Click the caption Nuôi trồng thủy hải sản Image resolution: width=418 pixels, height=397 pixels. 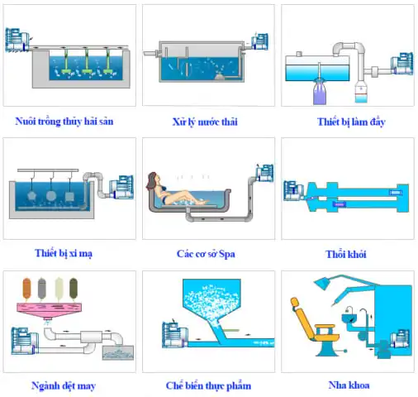click(64, 122)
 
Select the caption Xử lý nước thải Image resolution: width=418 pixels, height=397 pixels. click(205, 122)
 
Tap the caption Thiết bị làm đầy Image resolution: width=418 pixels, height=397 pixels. click(351, 122)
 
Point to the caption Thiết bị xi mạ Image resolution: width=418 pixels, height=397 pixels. click(64, 253)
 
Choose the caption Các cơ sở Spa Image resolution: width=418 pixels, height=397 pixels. click(206, 254)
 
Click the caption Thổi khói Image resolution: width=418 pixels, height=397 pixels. click(346, 254)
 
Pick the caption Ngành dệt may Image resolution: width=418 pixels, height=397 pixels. click(64, 385)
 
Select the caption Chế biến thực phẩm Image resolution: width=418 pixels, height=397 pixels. click(208, 385)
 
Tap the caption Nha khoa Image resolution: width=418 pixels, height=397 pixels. click(349, 385)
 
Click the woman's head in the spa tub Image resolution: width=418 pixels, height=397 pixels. click(152, 180)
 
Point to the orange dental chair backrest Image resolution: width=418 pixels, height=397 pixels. click(302, 317)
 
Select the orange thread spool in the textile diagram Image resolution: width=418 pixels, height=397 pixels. click(26, 289)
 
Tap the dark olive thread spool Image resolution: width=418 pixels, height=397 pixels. click(74, 289)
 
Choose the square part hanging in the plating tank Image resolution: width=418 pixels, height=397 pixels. click(69, 197)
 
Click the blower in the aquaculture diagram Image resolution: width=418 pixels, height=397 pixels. click(17, 40)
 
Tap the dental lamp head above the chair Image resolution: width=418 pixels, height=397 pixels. click(321, 283)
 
